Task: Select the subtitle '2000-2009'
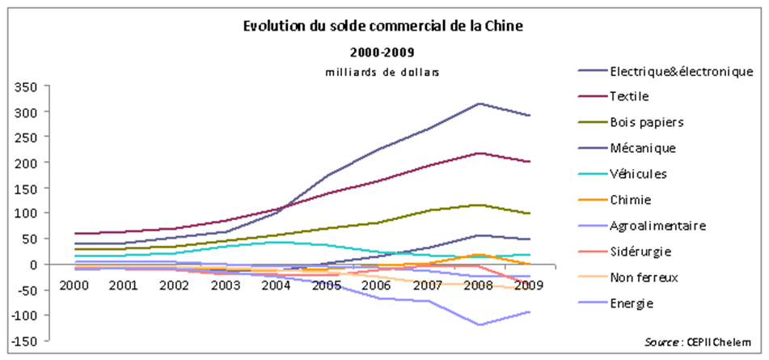(382, 53)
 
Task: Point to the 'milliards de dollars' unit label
(382, 72)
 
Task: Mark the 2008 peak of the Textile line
(480, 153)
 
